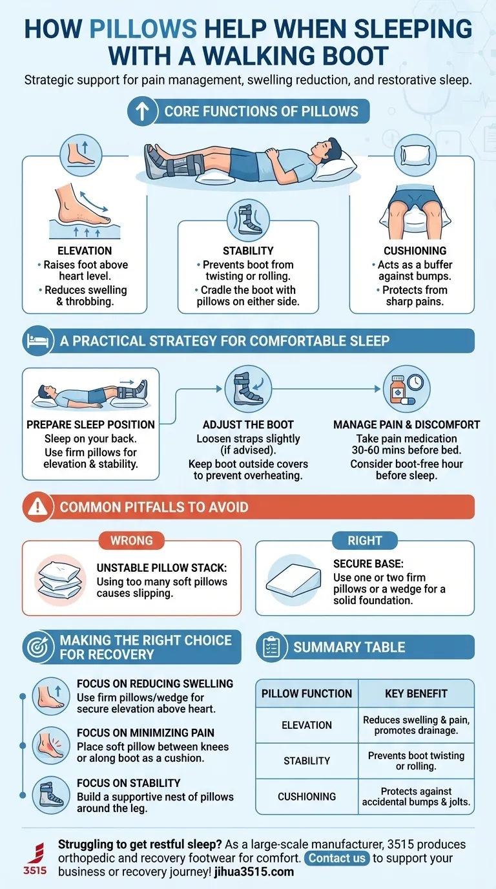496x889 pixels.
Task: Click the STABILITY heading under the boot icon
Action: pyautogui.click(x=248, y=251)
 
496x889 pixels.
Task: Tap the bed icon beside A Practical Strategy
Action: pyautogui.click(x=36, y=340)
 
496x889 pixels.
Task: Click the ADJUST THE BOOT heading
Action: pyautogui.click(x=248, y=424)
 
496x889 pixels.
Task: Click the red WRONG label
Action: pyautogui.click(x=132, y=541)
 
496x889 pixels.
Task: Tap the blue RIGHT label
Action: pyautogui.click(x=365, y=541)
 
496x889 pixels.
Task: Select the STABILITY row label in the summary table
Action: pyautogui.click(x=307, y=761)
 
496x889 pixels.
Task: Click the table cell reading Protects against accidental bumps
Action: pyautogui.click(x=415, y=797)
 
